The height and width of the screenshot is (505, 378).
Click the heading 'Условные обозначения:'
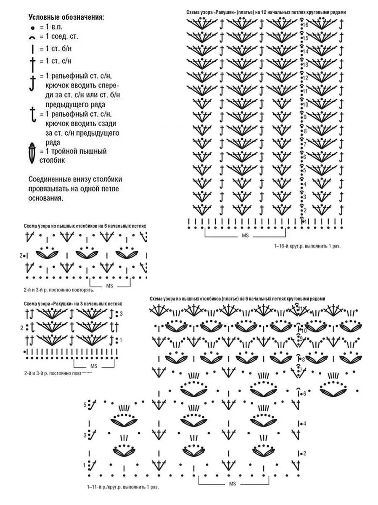(x=66, y=17)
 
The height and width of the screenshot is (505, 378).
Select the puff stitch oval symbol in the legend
(x=32, y=154)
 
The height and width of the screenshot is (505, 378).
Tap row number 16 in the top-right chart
(x=306, y=25)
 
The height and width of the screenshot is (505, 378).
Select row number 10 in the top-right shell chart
(x=306, y=104)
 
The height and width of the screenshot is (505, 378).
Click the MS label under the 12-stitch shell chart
(x=245, y=236)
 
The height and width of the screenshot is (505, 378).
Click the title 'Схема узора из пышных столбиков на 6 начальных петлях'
(x=85, y=226)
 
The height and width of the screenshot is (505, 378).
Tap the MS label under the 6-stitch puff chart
(x=110, y=286)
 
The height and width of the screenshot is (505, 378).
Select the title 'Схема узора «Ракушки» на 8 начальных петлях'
(x=73, y=303)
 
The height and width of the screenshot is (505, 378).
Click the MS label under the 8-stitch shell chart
(x=93, y=366)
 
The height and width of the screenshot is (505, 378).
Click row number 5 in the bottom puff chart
(x=85, y=405)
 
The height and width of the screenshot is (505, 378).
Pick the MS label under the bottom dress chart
(x=233, y=484)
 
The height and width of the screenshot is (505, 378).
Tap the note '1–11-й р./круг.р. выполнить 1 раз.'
(x=123, y=487)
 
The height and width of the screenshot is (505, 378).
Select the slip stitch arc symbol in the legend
(x=32, y=37)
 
